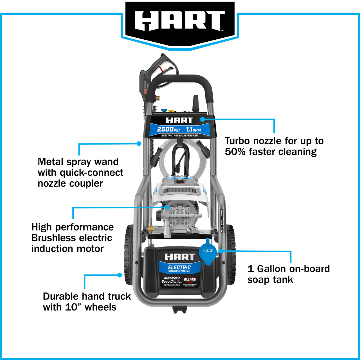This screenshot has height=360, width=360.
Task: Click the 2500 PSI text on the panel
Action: pyautogui.click(x=168, y=129)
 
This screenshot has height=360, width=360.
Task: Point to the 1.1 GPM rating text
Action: pyautogui.click(x=193, y=130)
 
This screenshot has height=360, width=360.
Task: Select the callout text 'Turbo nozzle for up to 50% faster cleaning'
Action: pyautogui.click(x=274, y=146)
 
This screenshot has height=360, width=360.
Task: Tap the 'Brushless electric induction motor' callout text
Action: pyautogui.click(x=73, y=238)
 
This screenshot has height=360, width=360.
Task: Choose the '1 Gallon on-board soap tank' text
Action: pyautogui.click(x=288, y=274)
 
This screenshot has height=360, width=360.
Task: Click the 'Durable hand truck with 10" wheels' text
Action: pyautogui.click(x=87, y=301)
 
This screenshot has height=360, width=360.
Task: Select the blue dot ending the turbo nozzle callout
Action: pyautogui.click(x=202, y=119)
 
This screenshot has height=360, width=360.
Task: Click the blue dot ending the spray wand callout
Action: pyautogui.click(x=139, y=143)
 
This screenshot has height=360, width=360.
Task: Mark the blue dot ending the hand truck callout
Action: pyautogui.click(x=120, y=275)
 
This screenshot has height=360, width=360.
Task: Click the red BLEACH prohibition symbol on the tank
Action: pyautogui.click(x=190, y=279)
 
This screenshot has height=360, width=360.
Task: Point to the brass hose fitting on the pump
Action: pyautogui.click(x=151, y=229)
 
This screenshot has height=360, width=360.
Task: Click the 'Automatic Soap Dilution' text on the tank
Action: pyautogui.click(x=172, y=280)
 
